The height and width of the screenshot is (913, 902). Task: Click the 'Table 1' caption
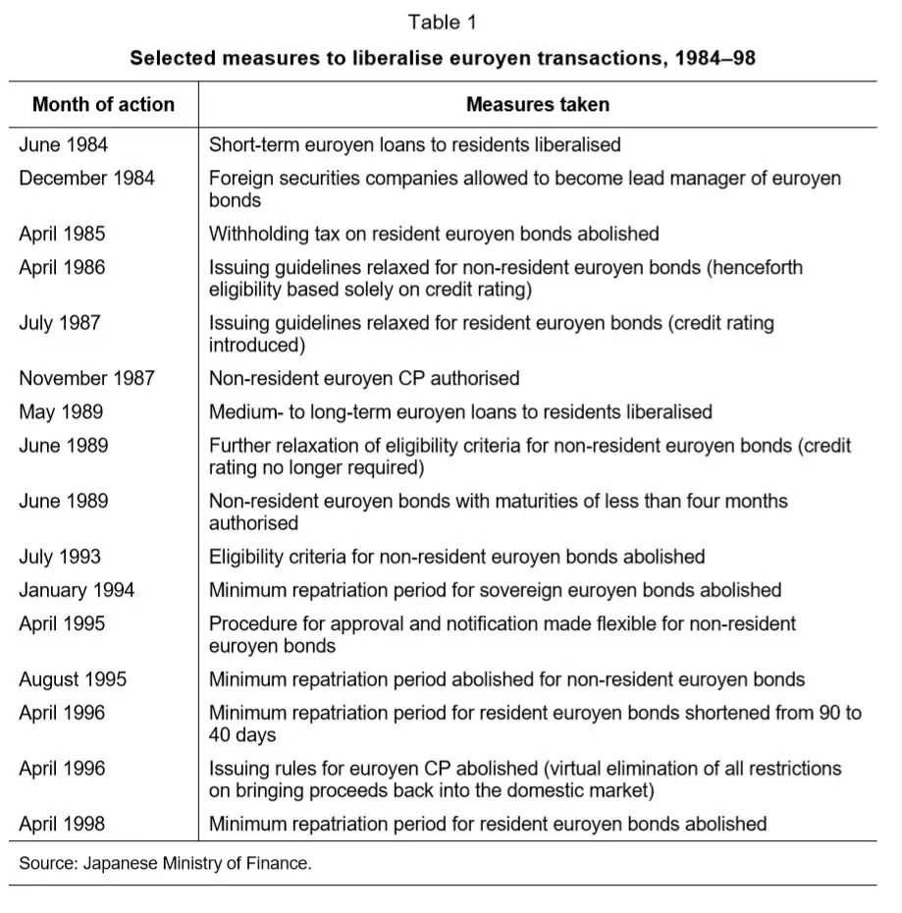pyautogui.click(x=443, y=22)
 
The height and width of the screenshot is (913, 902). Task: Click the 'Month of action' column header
pyautogui.click(x=103, y=104)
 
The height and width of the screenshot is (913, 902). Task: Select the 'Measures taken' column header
pyautogui.click(x=537, y=104)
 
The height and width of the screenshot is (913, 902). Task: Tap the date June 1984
pyautogui.click(x=64, y=144)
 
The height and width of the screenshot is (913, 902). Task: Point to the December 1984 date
pyautogui.click(x=86, y=178)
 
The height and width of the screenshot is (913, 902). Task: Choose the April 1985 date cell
pyautogui.click(x=62, y=234)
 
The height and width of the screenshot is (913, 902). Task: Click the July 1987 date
pyautogui.click(x=59, y=322)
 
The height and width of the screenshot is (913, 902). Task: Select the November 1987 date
pyautogui.click(x=86, y=378)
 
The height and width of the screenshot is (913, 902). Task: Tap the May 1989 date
pyautogui.click(x=61, y=411)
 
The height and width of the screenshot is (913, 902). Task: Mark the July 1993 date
pyautogui.click(x=59, y=557)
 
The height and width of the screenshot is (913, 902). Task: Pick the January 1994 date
pyautogui.click(x=77, y=590)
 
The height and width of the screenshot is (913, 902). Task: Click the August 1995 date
pyautogui.click(x=73, y=679)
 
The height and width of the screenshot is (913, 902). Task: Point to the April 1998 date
pyautogui.click(x=62, y=824)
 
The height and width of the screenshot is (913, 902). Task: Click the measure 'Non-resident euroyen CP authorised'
pyautogui.click(x=364, y=378)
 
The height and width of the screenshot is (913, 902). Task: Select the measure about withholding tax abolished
pyautogui.click(x=434, y=234)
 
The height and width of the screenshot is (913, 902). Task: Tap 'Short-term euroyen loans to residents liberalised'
pyautogui.click(x=414, y=144)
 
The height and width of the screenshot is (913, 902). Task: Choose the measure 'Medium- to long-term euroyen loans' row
pyautogui.click(x=460, y=411)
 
